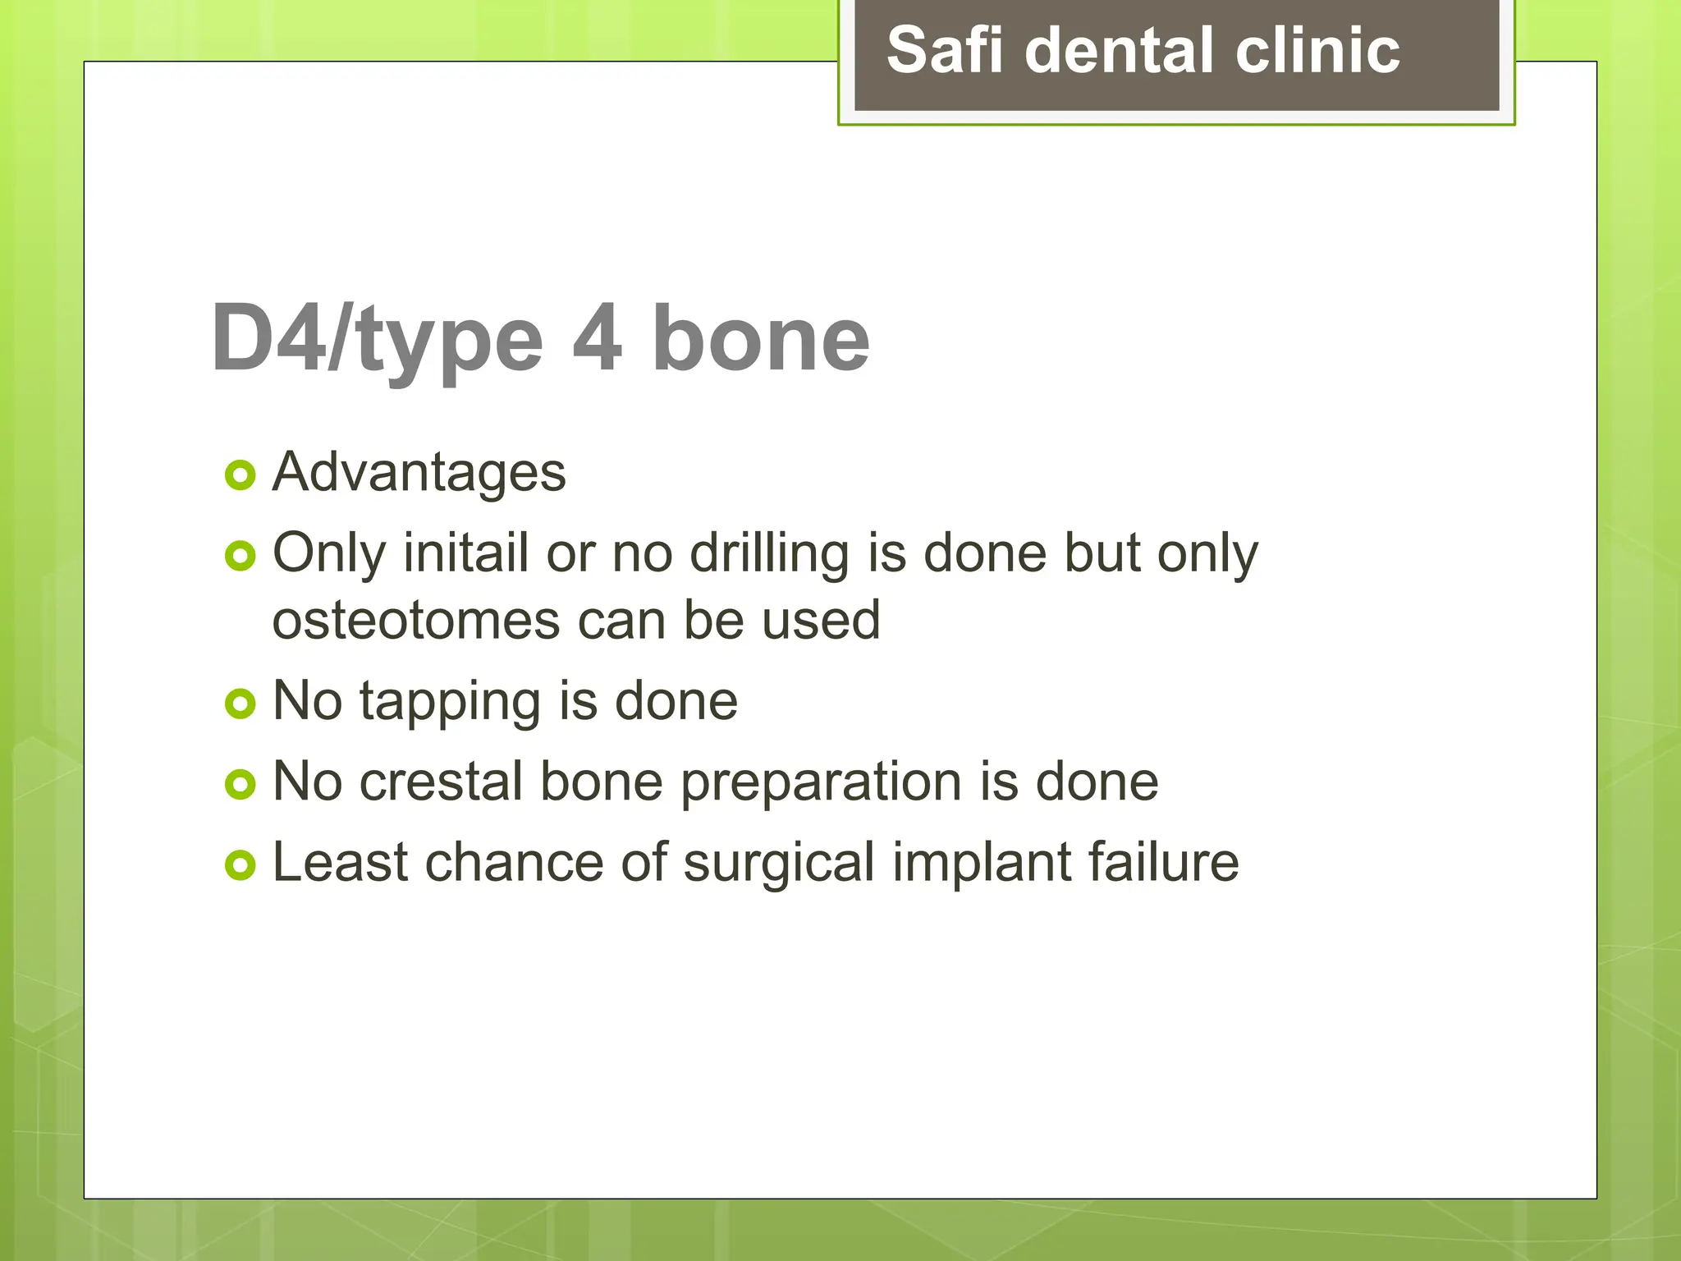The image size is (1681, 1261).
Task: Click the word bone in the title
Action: pos(760,338)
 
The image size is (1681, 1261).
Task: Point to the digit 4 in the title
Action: pos(597,338)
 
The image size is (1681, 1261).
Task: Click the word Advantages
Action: pos(419,474)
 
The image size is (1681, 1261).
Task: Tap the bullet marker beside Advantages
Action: pos(240,475)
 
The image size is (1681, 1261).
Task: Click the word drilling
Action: pos(769,554)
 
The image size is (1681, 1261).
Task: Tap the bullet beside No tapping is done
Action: pos(240,704)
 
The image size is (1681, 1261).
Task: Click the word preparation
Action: pos(821,783)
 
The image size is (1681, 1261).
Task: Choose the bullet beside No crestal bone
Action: pos(240,785)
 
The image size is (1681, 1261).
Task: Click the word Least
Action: pos(340,862)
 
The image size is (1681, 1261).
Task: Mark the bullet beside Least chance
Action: pos(240,865)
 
